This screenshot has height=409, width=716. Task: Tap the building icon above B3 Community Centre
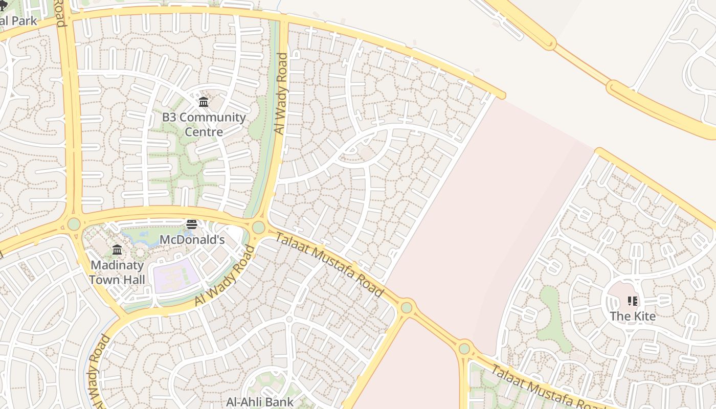pos(204,102)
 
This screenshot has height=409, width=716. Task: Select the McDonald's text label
pos(192,240)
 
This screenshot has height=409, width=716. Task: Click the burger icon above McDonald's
pos(192,224)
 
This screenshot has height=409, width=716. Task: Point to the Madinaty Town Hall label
pos(117,272)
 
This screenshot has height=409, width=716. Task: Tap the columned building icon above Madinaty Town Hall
pos(117,249)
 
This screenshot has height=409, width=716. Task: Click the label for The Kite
pos(633,316)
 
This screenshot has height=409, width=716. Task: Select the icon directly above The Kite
pos(633,301)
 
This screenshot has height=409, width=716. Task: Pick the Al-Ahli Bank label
pos(260,402)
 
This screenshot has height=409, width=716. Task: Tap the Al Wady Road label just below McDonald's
pos(225,277)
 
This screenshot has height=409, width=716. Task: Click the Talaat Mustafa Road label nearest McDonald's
pos(330,264)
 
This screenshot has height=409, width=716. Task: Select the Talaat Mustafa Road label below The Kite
pos(542,389)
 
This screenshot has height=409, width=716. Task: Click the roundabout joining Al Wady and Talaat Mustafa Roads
pos(259,227)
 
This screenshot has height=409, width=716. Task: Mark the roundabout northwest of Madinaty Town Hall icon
pos(74,224)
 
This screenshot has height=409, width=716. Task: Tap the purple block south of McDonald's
pos(176,275)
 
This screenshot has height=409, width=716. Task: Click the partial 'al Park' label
pos(18,21)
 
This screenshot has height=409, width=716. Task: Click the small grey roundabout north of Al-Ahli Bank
pos(289,319)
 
